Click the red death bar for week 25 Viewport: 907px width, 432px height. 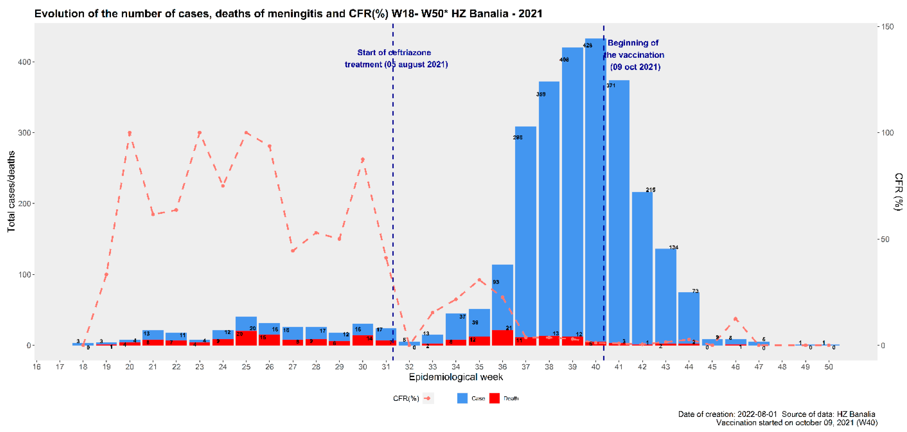pyautogui.click(x=246, y=339)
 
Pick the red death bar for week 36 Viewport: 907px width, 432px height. pyautogui.click(x=502, y=338)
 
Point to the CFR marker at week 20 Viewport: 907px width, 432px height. pyautogui.click(x=130, y=133)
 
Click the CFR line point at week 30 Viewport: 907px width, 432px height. pyautogui.click(x=363, y=160)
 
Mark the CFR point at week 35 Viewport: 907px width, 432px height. pyautogui.click(x=479, y=280)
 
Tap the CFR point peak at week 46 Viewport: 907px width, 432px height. pyautogui.click(x=735, y=319)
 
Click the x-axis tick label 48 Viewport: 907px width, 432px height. pyautogui.click(x=782, y=367)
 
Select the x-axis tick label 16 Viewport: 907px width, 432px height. pyautogui.click(x=37, y=367)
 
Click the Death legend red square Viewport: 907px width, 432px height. pyautogui.click(x=494, y=398)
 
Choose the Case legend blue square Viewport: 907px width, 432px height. pyautogui.click(x=462, y=398)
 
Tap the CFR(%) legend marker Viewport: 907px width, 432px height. pyautogui.click(x=428, y=398)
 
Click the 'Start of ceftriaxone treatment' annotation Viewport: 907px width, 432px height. pyautogui.click(x=396, y=58)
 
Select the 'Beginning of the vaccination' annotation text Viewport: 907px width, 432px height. pyautogui.click(x=634, y=55)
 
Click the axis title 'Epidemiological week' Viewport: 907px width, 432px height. pyautogui.click(x=456, y=377)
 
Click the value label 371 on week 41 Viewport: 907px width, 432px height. pyautogui.click(x=611, y=86)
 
